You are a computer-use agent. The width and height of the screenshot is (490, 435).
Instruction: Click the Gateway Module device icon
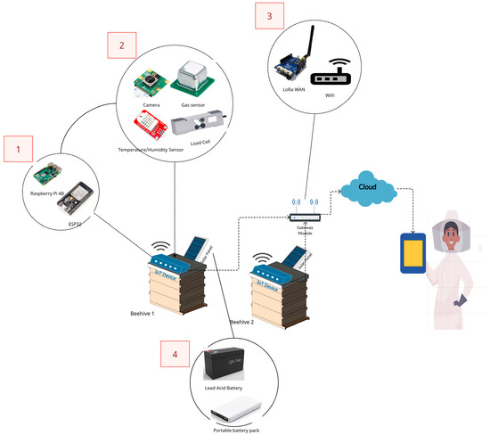point(305,217)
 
